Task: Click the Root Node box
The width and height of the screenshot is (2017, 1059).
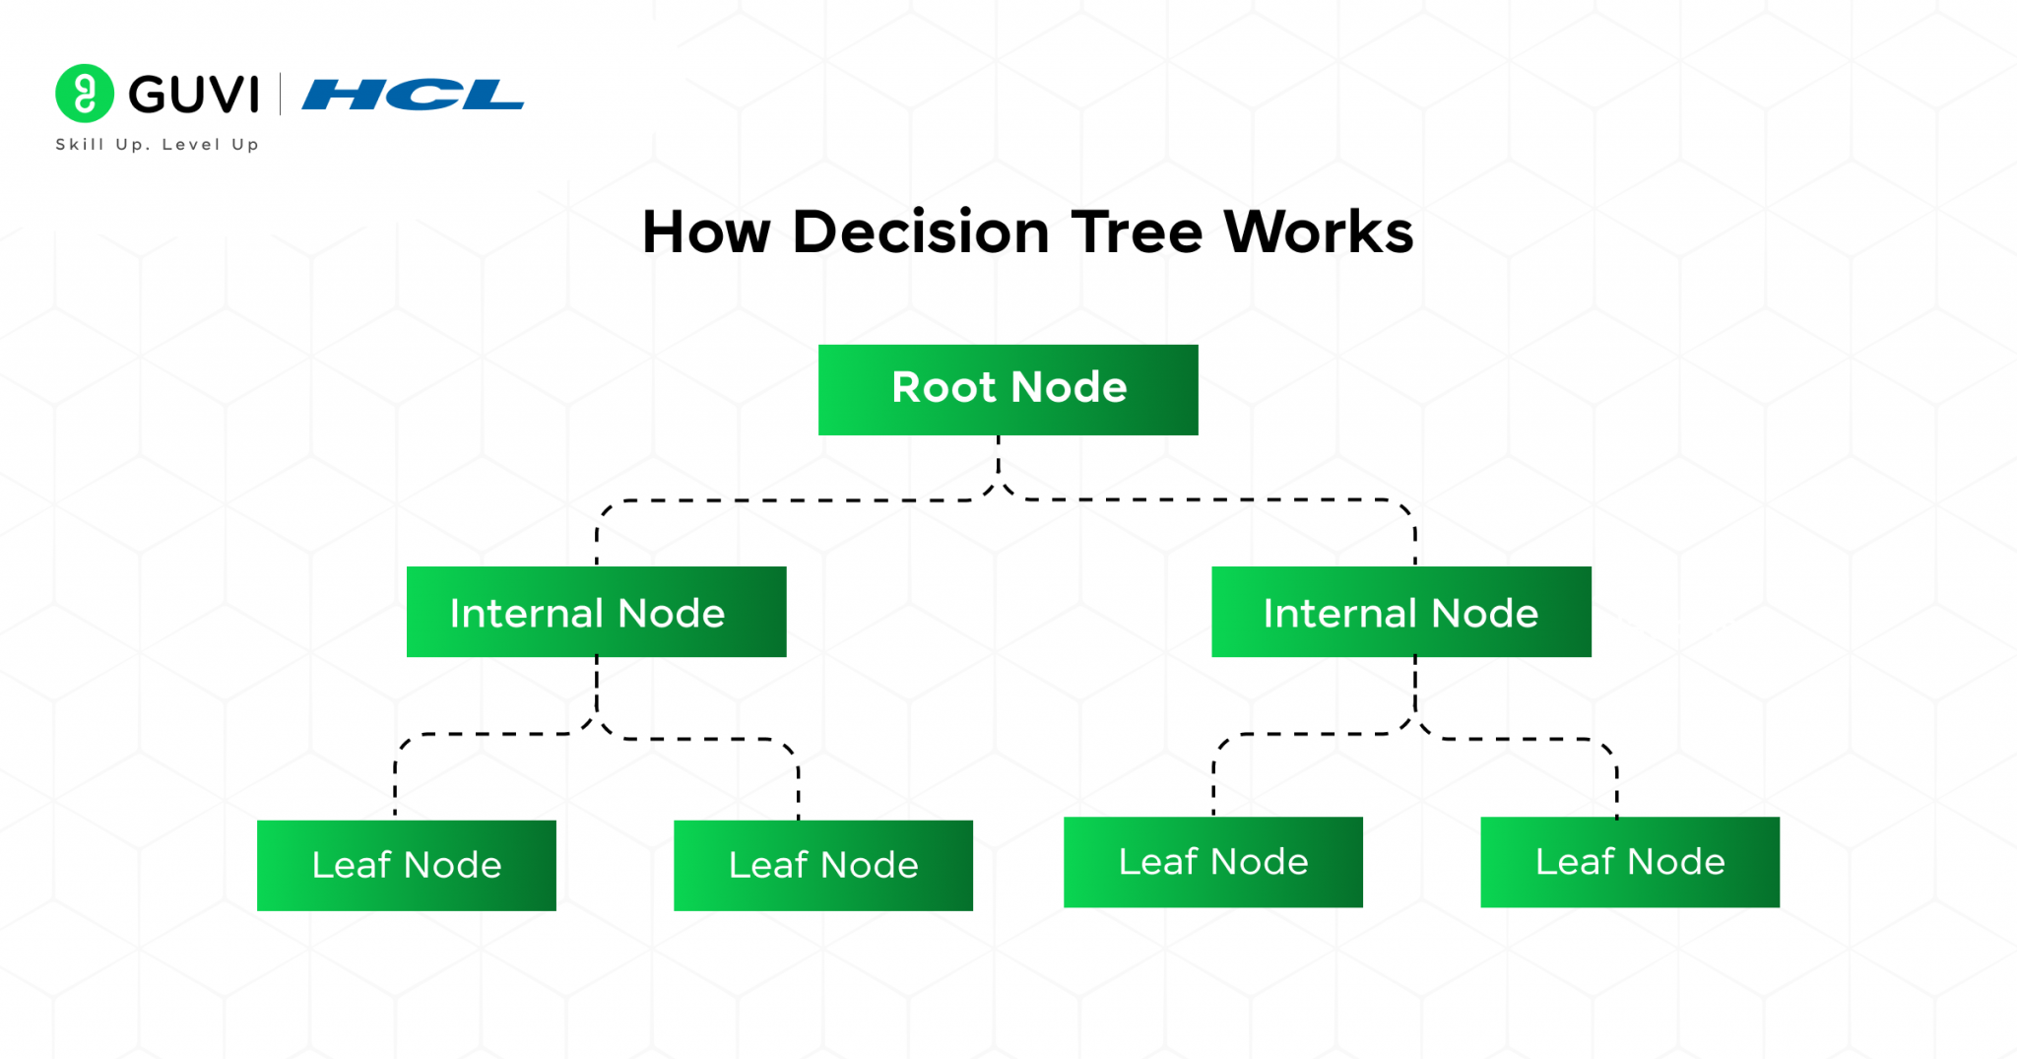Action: coord(1008,389)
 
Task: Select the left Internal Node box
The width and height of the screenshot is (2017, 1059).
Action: coord(596,612)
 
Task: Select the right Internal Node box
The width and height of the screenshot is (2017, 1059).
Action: coord(1400,612)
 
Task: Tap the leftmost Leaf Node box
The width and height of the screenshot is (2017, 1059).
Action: coord(406,865)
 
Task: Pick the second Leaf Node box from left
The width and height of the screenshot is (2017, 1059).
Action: coord(822,865)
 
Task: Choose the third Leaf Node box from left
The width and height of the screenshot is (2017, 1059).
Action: coord(1212,862)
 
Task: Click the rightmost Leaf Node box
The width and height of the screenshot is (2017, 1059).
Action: coord(1629,862)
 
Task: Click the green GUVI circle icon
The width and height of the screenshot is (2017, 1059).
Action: coord(85,94)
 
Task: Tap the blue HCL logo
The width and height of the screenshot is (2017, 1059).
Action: coord(413,95)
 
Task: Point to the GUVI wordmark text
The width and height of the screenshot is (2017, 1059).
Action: coord(194,95)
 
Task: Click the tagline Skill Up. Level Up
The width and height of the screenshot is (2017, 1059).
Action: coord(157,144)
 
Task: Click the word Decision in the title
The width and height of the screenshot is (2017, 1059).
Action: coord(921,232)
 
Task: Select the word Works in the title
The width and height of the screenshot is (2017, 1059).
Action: coord(1318,232)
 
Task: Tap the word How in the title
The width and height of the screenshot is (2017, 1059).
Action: coord(706,232)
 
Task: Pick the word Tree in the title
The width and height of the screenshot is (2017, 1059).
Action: coord(1137,232)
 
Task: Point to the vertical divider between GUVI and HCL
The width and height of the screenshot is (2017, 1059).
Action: coord(281,95)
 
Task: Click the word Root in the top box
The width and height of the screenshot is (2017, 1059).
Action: coord(943,387)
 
